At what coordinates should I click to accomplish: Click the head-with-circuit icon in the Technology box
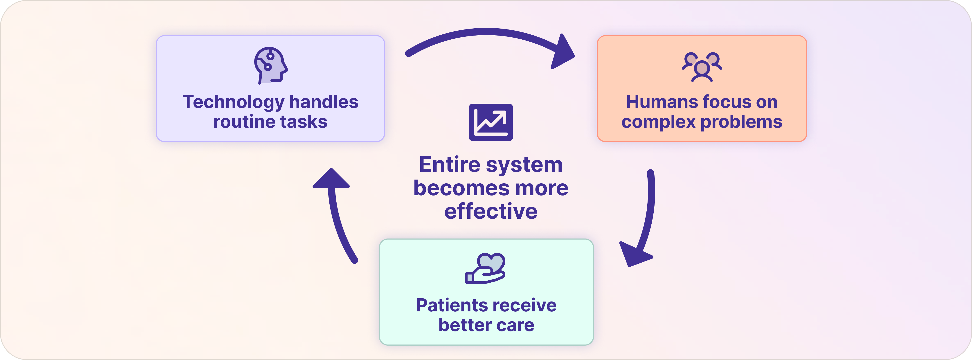tap(270, 65)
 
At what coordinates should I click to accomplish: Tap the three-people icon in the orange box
tap(702, 67)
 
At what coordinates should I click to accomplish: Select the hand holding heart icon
tap(485, 268)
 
